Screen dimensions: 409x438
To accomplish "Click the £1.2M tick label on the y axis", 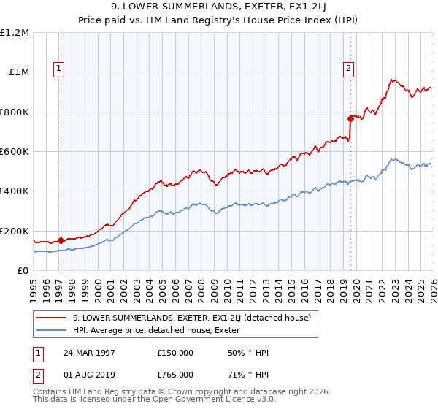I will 15,33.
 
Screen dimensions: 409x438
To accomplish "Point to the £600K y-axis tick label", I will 15,152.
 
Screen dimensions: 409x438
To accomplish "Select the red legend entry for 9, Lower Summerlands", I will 192,318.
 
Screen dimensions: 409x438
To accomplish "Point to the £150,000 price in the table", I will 175,353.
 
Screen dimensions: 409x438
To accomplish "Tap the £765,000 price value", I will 175,374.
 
